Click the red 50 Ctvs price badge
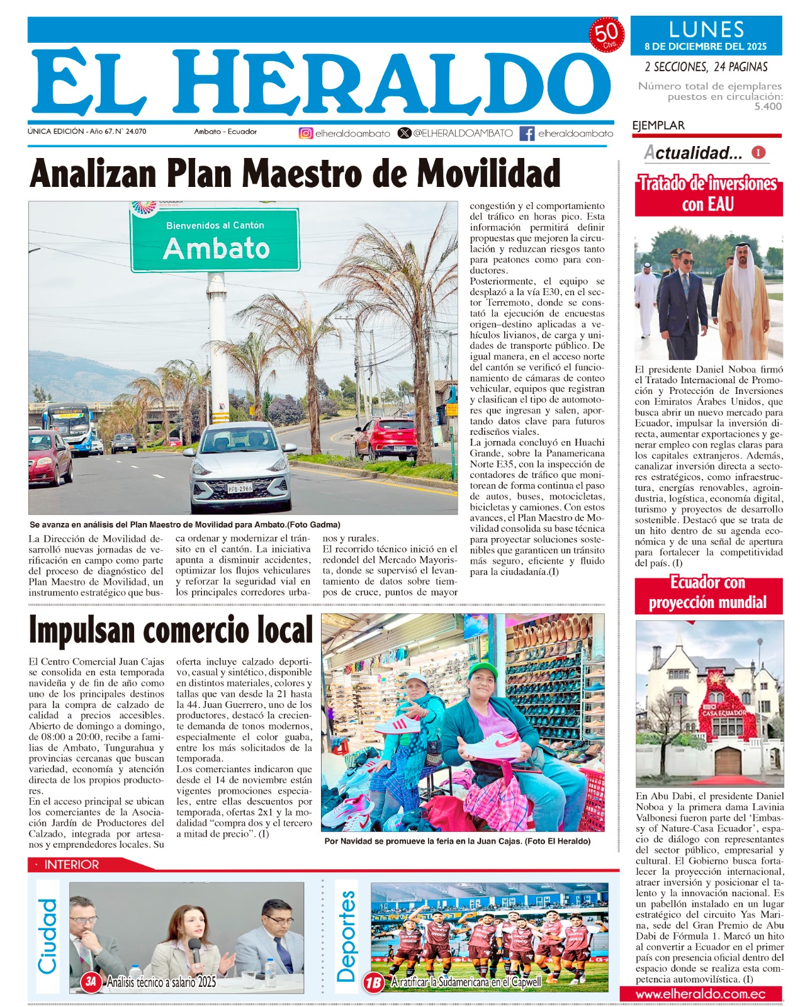coord(607,35)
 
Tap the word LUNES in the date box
coord(706,30)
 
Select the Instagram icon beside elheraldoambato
coord(306,133)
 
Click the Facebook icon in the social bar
coord(527,133)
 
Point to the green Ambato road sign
coord(215,240)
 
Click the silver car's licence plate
coord(240,488)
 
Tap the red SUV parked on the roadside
coord(386,438)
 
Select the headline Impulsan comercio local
coord(171,630)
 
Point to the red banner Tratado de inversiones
coord(708,194)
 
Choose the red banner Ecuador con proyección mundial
coord(708,593)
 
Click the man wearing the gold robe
coord(744,303)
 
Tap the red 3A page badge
coord(92,981)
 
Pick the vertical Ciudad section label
coord(48,936)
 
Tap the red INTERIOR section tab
coord(71,865)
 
